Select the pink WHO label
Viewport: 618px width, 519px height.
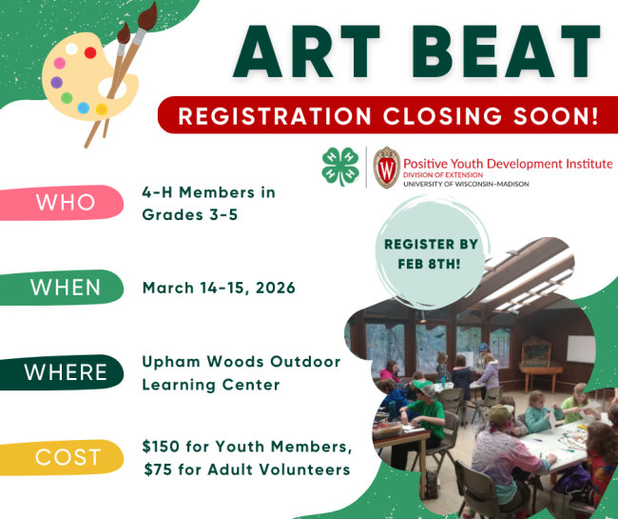(x=66, y=202)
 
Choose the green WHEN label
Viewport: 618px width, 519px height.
(x=66, y=287)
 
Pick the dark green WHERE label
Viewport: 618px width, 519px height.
(x=66, y=371)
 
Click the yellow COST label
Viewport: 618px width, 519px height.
(x=66, y=457)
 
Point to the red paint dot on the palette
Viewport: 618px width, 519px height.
(x=90, y=52)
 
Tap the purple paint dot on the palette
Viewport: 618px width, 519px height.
(x=60, y=63)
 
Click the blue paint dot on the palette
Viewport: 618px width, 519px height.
(x=83, y=107)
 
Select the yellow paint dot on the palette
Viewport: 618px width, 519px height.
(x=102, y=110)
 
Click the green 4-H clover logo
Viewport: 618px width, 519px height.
(x=340, y=167)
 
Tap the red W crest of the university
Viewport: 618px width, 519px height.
(x=386, y=167)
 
